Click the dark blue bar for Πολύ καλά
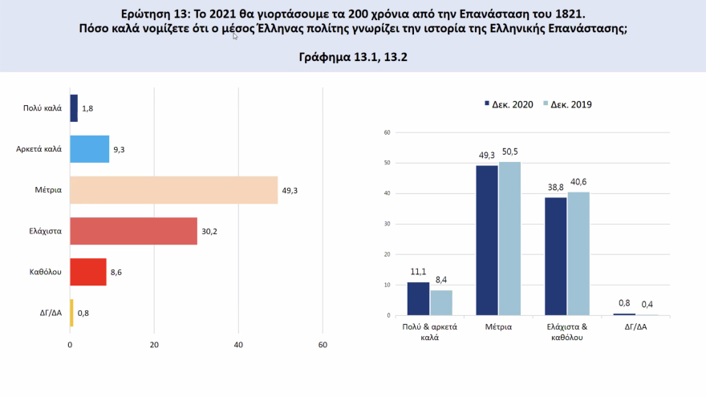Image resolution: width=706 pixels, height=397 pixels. [x=74, y=107]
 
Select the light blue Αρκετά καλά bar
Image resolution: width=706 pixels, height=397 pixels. [x=89, y=148]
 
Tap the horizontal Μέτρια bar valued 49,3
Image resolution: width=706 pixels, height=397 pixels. [x=173, y=190]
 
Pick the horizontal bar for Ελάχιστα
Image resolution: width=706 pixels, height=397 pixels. [x=133, y=231]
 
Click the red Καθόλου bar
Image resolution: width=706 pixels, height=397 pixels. [x=88, y=272]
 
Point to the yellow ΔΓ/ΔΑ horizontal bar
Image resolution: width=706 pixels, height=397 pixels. [x=71, y=313]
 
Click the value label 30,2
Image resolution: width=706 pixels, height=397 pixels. [x=210, y=231]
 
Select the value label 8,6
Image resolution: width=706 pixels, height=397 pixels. [x=116, y=273]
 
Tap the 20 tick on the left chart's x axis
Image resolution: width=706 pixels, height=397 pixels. [x=154, y=346]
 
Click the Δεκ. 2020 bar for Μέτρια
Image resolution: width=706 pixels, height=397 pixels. [x=487, y=241]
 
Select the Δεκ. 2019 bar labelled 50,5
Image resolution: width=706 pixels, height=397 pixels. [x=509, y=238]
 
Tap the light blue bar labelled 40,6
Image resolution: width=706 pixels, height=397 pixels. [x=578, y=253]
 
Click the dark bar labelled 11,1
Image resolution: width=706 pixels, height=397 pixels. [x=418, y=298]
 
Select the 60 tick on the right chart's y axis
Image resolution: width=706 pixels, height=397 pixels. [x=387, y=132]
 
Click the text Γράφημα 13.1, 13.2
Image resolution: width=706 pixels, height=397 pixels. [x=352, y=58]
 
